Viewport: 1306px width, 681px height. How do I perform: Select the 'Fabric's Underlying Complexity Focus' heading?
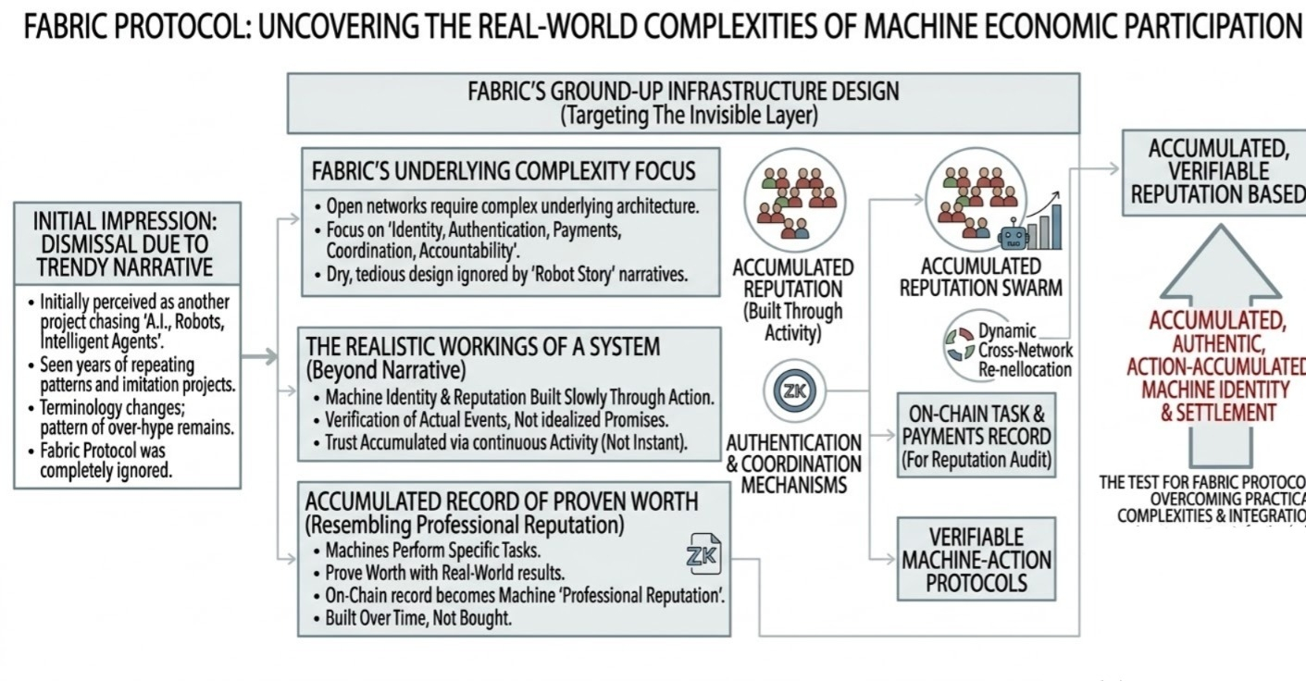pos(504,173)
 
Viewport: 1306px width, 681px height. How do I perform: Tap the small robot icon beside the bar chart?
pos(1014,237)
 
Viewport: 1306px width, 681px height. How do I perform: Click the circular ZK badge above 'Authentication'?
pos(792,390)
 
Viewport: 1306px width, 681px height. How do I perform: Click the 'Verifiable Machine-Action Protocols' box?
pos(976,560)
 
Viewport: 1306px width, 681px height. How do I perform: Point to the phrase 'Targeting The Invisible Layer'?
pos(683,116)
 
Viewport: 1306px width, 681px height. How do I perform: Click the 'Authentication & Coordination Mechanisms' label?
pos(793,464)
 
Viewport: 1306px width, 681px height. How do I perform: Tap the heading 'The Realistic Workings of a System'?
pos(483,347)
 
